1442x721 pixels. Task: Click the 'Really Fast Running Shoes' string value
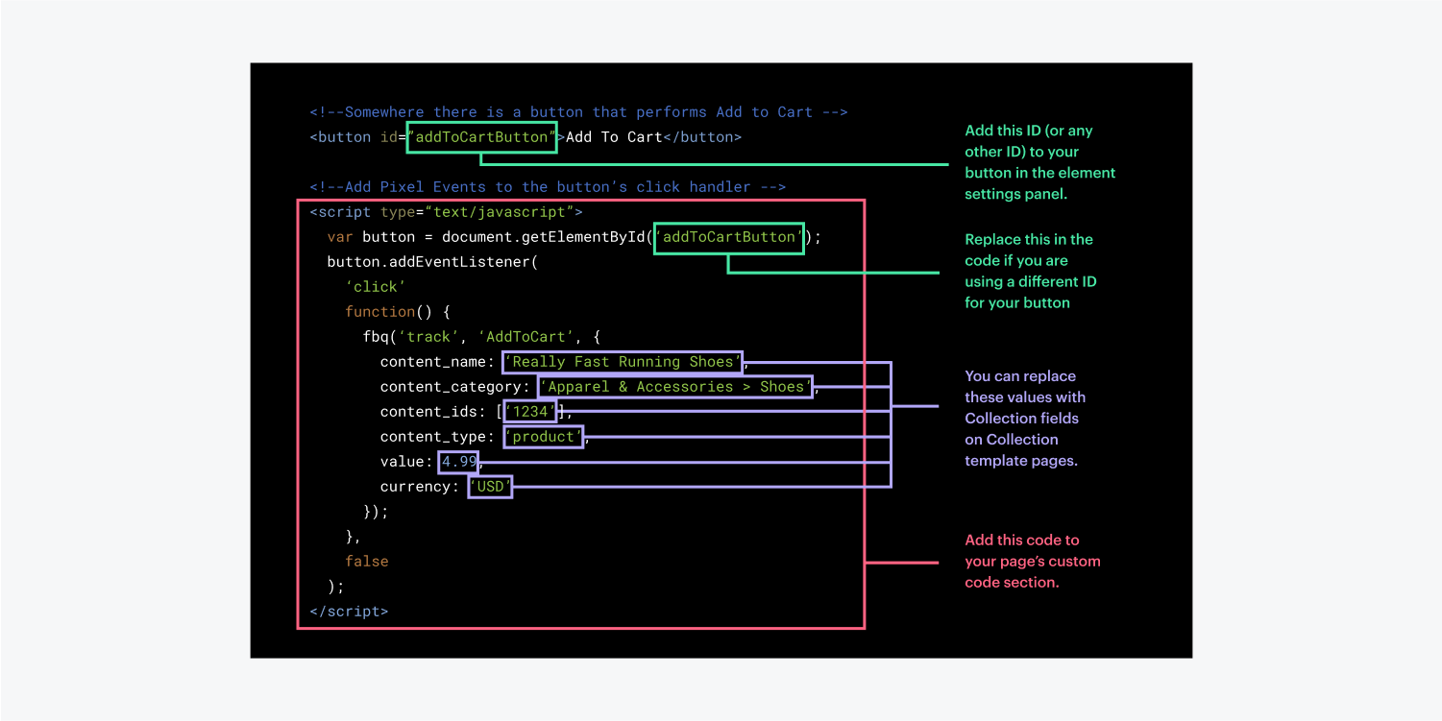click(623, 362)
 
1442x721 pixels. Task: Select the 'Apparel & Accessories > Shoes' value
click(675, 387)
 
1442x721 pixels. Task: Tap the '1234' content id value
click(529, 412)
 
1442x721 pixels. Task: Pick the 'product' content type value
click(544, 437)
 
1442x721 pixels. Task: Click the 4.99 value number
click(458, 462)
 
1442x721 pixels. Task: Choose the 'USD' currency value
click(490, 487)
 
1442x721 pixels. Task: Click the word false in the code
click(366, 562)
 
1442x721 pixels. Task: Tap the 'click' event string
click(376, 287)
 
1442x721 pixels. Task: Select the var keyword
click(340, 237)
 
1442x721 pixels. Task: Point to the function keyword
click(379, 312)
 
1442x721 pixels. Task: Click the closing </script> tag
click(349, 612)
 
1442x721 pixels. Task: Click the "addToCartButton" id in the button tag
click(481, 137)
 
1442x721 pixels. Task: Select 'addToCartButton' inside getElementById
click(729, 237)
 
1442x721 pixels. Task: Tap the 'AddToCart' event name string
click(525, 337)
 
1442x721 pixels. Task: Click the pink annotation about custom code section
click(1033, 561)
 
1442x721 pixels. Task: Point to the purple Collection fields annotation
click(1025, 418)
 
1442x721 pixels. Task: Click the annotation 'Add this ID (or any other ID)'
click(1039, 162)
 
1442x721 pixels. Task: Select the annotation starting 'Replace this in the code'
click(1030, 271)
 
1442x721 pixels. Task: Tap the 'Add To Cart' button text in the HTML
click(614, 137)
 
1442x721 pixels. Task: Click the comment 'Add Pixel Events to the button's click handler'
click(548, 187)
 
